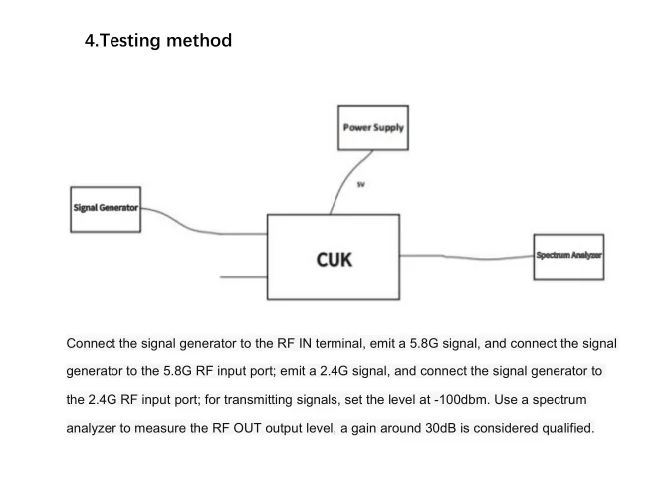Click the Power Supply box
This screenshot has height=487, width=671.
click(x=373, y=128)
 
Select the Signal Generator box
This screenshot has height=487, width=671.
click(x=105, y=208)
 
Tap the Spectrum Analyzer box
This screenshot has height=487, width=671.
click(x=568, y=256)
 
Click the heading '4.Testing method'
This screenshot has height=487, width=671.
click(x=158, y=41)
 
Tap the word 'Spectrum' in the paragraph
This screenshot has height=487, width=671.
click(x=578, y=399)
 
